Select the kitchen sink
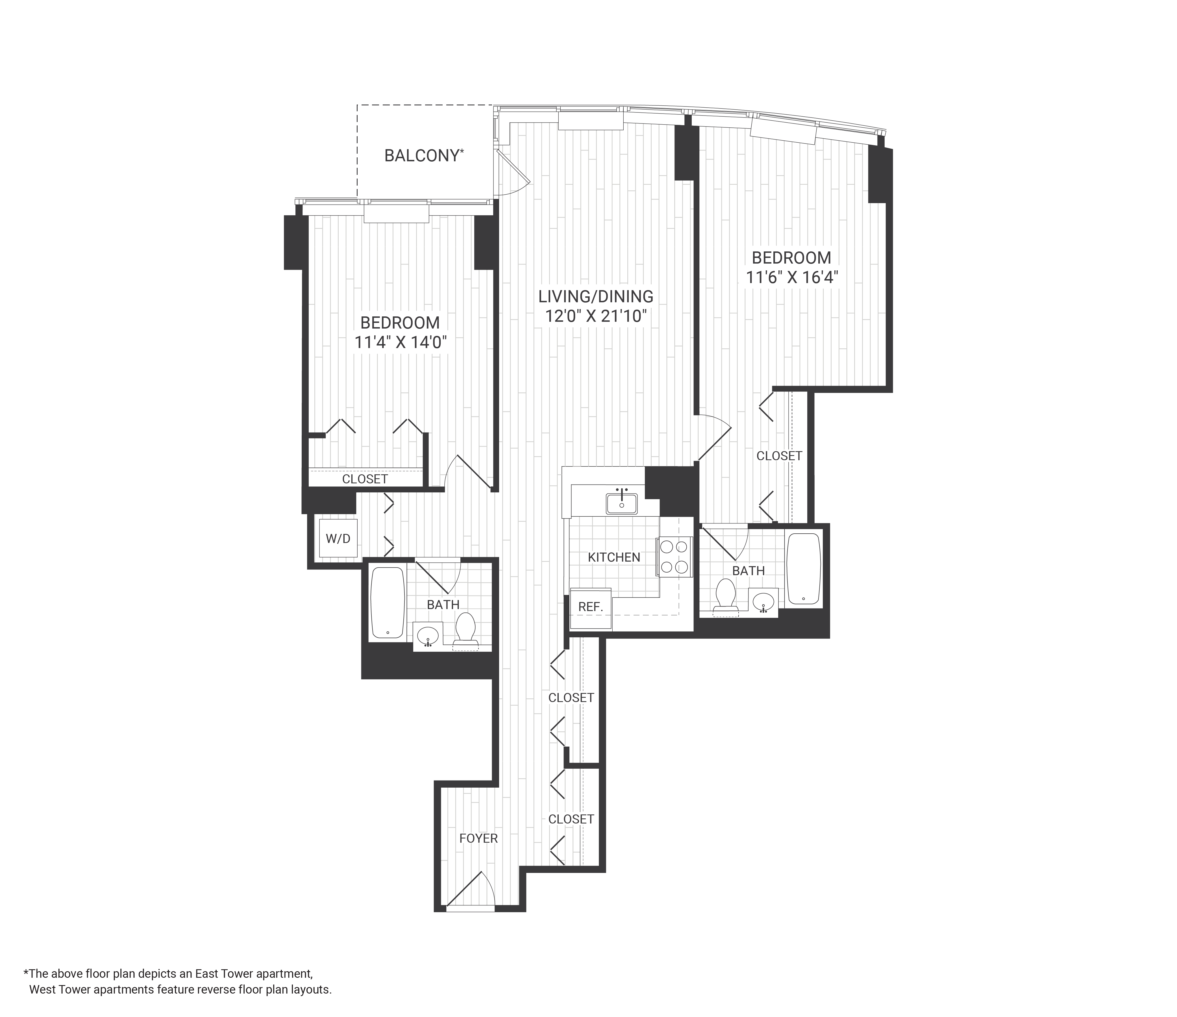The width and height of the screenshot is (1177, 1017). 621,503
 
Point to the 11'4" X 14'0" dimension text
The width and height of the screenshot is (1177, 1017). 401,343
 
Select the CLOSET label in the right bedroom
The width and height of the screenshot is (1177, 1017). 779,456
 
